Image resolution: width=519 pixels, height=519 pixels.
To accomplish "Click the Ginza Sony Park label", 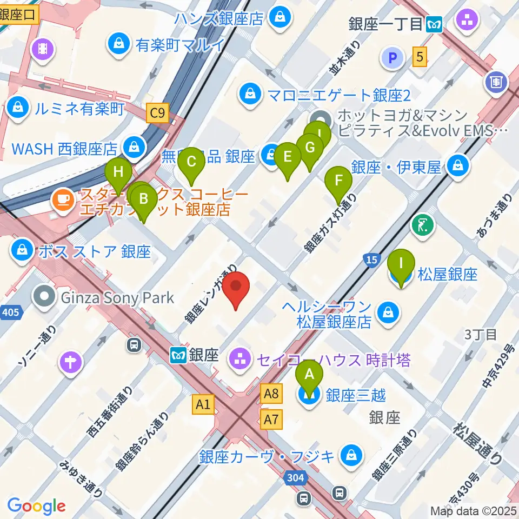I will click(x=118, y=297).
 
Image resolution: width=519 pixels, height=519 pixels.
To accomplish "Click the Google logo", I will click(x=37, y=505).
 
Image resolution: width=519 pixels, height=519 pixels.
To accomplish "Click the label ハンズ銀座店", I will click(x=219, y=19).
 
